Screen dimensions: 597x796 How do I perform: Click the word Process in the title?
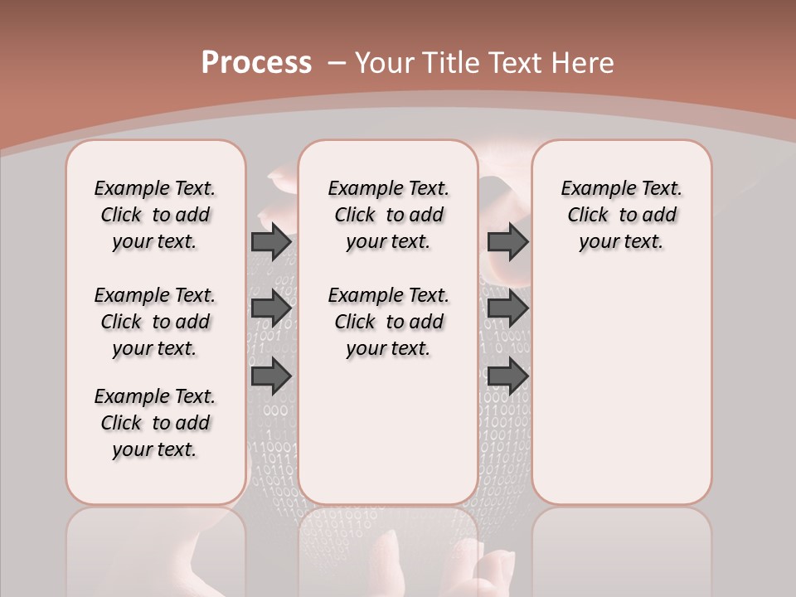click(256, 63)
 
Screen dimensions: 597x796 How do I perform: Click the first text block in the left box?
click(155, 215)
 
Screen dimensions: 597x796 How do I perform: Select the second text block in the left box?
click(155, 322)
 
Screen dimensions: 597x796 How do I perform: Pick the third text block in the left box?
click(155, 423)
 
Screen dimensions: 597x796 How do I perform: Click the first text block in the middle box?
click(388, 215)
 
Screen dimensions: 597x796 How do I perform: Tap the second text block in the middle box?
click(388, 322)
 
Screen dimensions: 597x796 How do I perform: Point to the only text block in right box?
click(621, 215)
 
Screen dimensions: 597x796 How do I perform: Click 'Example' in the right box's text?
click(591, 189)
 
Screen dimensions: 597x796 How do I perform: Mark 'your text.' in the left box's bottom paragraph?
click(155, 449)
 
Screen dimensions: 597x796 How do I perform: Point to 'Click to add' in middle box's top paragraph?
click(388, 216)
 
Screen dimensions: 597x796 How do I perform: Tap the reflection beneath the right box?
click(621, 547)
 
